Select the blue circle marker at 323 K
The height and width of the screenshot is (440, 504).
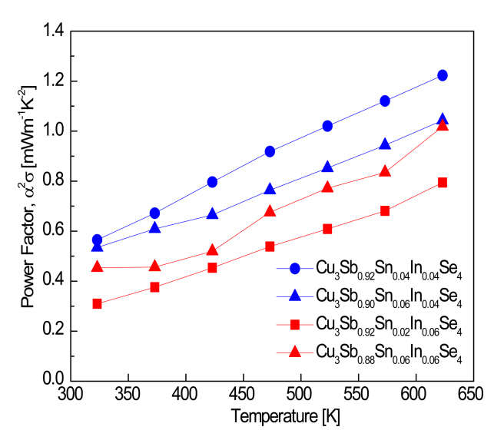click(x=97, y=240)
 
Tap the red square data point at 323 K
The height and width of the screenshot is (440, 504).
click(x=97, y=304)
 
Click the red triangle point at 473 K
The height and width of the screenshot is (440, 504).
click(x=270, y=211)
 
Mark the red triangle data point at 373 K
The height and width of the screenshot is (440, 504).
click(x=154, y=266)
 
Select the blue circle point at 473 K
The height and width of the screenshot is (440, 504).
click(x=270, y=151)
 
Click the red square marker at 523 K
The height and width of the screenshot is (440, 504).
click(x=327, y=228)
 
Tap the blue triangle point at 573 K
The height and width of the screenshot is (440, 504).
click(x=385, y=144)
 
